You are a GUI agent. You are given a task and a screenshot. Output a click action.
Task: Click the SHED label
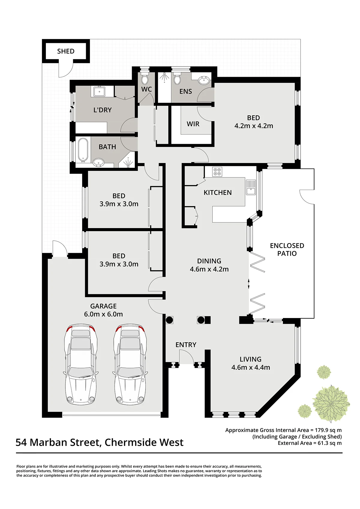click(66, 51)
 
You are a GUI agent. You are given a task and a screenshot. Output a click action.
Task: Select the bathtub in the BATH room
click(83, 149)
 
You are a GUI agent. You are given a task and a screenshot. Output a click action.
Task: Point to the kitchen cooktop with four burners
click(217, 171)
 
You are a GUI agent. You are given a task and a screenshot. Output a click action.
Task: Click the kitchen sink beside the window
click(250, 187)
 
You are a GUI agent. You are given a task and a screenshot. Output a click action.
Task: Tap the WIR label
click(193, 124)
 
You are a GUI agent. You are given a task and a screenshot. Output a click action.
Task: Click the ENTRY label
click(186, 345)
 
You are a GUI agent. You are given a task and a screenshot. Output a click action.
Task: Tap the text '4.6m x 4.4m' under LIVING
click(250, 368)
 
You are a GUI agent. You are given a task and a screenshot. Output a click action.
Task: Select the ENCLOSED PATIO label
click(287, 249)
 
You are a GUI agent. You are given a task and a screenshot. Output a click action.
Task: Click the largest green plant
click(331, 403)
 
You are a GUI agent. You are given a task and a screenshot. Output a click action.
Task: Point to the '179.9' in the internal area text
click(320, 430)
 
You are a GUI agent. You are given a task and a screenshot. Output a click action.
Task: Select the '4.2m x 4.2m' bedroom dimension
click(253, 126)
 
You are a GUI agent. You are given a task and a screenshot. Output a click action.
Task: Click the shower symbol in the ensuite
click(164, 77)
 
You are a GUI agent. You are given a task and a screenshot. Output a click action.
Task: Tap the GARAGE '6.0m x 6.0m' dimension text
click(103, 314)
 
